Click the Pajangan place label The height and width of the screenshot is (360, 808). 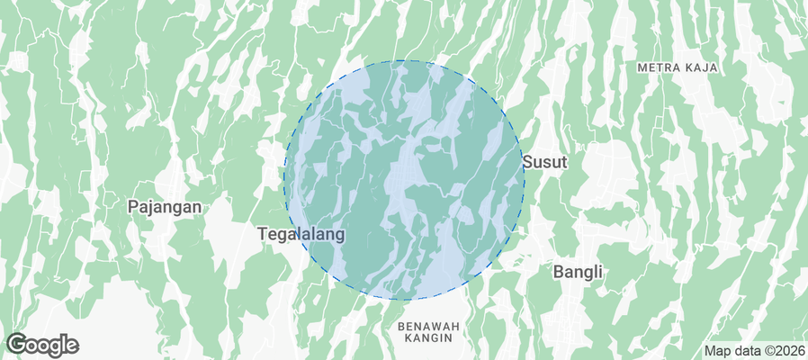coord(164,206)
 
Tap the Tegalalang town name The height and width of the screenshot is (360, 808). coord(301,233)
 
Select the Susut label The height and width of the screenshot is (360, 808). coord(544,162)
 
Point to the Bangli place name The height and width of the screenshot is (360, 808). coord(577,271)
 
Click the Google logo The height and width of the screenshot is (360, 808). coord(42,345)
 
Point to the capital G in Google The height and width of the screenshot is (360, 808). coord(15,344)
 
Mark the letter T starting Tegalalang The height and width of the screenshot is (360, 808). coord(263,233)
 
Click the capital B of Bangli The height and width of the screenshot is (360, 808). coord(558,271)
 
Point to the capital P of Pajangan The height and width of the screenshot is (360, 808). coord(132,206)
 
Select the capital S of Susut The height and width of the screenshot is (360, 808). coord(527,162)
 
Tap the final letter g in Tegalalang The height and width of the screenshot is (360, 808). coord(340,235)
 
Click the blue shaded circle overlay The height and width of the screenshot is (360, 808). coord(404,180)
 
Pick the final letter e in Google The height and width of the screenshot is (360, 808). coord(72,346)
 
